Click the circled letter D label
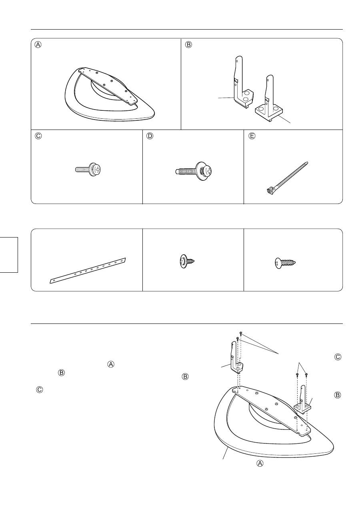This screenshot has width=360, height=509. (x=150, y=136)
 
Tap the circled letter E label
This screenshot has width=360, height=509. (x=252, y=136)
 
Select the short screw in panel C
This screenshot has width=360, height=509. (x=88, y=170)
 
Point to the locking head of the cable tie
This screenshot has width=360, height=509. (x=270, y=191)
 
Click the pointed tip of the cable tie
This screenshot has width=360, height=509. (x=308, y=162)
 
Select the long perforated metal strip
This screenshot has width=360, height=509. (x=88, y=271)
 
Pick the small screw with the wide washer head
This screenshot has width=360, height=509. (x=186, y=262)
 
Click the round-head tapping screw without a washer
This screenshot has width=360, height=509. (x=285, y=263)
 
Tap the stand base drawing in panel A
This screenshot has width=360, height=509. (x=110, y=94)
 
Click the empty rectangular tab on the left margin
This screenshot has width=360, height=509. (x=9, y=254)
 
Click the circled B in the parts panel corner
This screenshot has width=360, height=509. (x=188, y=44)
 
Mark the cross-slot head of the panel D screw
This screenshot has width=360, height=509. (x=207, y=170)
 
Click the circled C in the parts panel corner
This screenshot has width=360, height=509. (x=38, y=136)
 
